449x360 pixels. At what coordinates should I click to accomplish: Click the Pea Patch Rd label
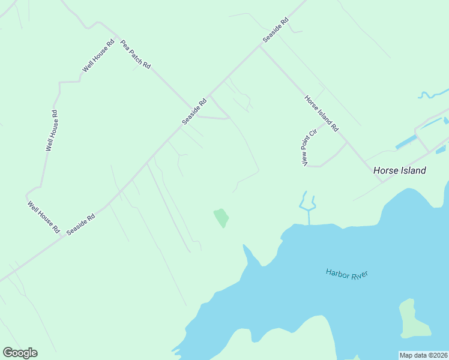coord(135,55)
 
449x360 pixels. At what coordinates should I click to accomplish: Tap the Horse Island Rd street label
coord(322,113)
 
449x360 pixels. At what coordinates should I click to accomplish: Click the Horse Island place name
coord(399,170)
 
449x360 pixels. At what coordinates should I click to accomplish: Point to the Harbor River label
coord(346,274)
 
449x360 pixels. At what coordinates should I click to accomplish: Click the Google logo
coord(20,353)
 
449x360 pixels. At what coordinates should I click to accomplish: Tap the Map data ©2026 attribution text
coord(424,355)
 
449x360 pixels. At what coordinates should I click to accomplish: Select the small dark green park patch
coord(221,217)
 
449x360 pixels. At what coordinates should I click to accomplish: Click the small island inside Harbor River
coord(414,318)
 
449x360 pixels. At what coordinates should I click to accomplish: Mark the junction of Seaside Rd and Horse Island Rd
coord(260,46)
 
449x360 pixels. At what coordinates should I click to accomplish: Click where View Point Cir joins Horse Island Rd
coord(347,143)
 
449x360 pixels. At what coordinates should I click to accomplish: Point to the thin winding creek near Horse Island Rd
coord(433,94)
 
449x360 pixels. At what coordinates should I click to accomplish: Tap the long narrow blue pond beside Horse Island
coord(407,143)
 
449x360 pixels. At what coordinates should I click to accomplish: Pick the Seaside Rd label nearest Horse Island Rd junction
coord(276,29)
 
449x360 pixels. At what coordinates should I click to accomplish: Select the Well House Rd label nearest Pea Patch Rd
coord(98,56)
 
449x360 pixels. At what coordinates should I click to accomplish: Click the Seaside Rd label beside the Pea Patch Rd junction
coord(194,112)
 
